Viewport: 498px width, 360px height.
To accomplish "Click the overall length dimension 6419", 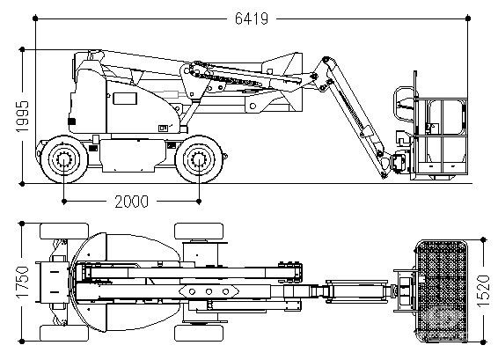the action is pos(252,18).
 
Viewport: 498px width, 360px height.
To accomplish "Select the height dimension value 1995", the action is pos(22,116).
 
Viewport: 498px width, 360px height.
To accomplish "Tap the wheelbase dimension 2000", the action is pos(131,202).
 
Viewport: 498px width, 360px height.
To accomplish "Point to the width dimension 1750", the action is pos(22,282).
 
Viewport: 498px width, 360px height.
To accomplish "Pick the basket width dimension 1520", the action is pos(483,290).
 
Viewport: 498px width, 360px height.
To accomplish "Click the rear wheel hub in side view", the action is pos(64,158).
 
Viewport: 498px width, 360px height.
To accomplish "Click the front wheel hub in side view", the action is pos(199,158).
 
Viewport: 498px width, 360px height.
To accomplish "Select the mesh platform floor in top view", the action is pos(442,291).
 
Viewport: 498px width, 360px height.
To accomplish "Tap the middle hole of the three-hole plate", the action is pos(209,291).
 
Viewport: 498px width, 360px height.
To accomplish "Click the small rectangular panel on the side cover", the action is pos(125,99).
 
